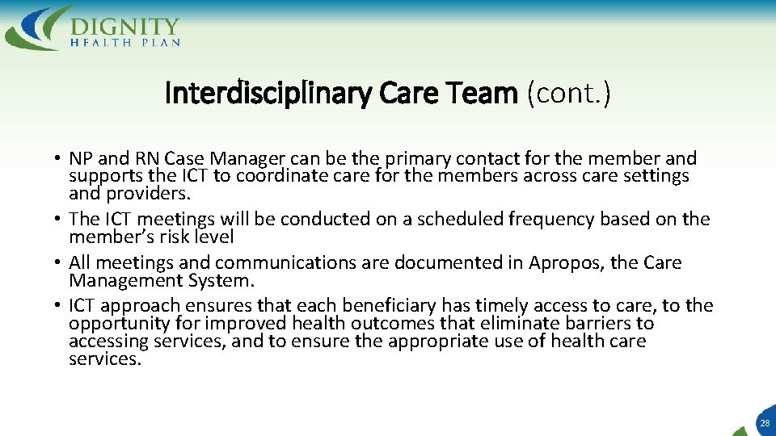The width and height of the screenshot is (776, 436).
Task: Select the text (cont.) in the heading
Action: (568, 94)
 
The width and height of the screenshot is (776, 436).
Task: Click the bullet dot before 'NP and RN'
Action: (60, 159)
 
